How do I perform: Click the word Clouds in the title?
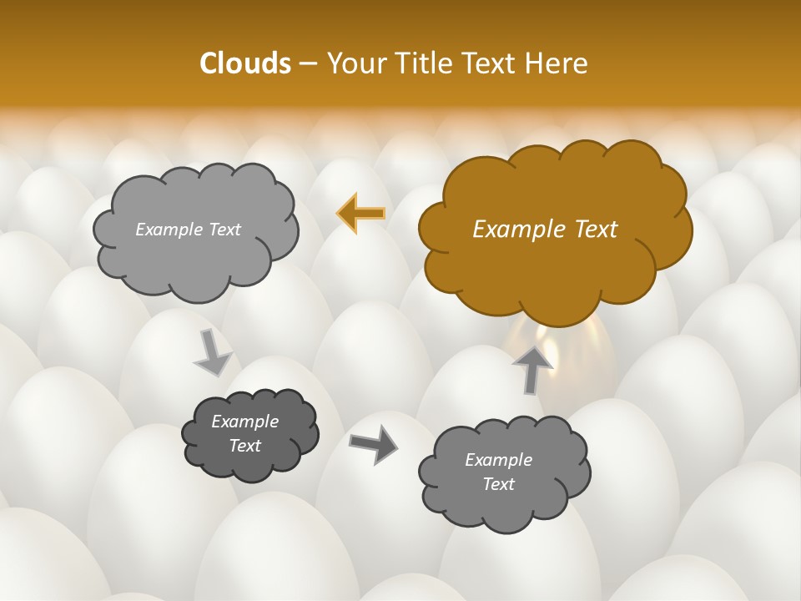(x=244, y=63)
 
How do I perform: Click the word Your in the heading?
(x=355, y=63)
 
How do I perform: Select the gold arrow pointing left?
(x=361, y=214)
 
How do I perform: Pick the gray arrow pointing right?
(x=373, y=444)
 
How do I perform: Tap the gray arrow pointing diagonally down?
(x=213, y=352)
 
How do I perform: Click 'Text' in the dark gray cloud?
(x=244, y=446)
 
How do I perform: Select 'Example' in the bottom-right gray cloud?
(x=498, y=460)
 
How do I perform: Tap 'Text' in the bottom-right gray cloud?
(x=498, y=484)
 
